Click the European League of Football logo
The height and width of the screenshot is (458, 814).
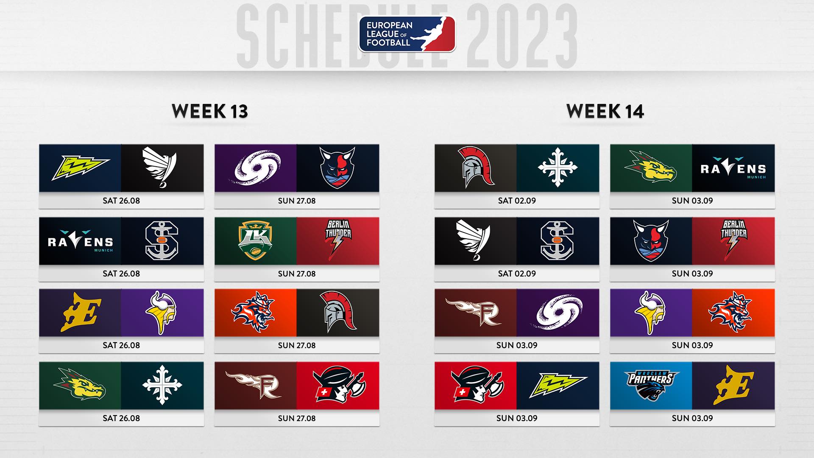407,34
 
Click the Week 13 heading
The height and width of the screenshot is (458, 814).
210,111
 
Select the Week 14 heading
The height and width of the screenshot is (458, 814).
605,111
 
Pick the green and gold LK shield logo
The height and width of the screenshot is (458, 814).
256,241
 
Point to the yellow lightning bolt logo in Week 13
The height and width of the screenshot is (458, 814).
80,168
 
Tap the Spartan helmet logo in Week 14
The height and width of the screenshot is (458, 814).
476,168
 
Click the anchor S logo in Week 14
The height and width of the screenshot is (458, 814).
558,241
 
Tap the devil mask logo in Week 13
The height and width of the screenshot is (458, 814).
337,168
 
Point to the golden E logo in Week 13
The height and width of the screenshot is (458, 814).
80,312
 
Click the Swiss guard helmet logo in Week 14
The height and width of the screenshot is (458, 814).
476,384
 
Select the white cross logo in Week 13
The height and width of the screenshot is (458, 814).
162,384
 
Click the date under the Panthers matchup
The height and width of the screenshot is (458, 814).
692,418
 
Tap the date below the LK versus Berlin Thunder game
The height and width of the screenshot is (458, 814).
297,274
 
